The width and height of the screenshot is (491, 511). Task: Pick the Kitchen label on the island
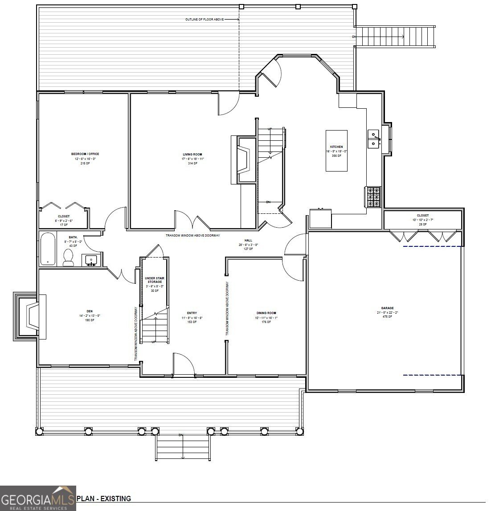[336, 147]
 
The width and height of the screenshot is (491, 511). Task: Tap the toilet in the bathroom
[68, 257]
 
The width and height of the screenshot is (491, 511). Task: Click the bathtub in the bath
[47, 249]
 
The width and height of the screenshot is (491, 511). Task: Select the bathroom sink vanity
[91, 260]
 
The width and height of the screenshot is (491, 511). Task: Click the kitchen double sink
[373, 139]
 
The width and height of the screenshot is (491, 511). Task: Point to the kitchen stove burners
[373, 196]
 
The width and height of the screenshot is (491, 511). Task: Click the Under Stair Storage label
[155, 284]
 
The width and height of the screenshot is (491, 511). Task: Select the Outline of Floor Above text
[205, 20]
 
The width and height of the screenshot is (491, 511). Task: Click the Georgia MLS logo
[38, 498]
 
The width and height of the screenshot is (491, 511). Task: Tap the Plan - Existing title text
[104, 499]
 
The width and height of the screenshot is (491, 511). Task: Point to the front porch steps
[183, 447]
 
